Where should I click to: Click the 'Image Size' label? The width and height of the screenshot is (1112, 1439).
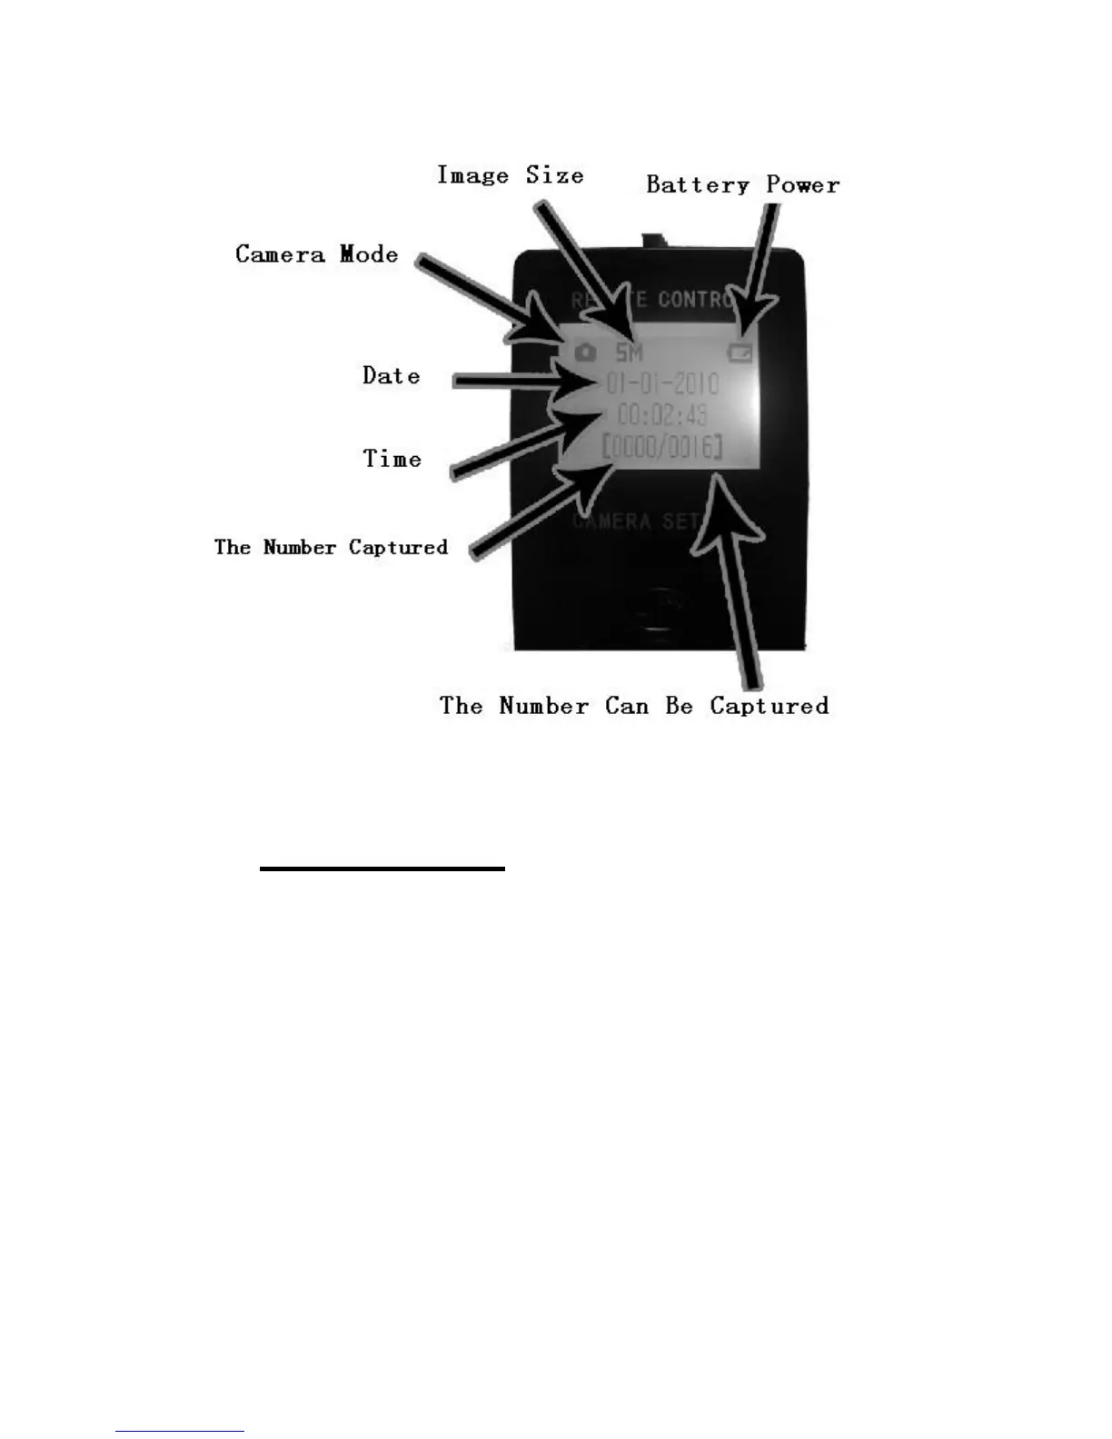pos(510,175)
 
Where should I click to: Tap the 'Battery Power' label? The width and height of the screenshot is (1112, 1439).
pos(742,185)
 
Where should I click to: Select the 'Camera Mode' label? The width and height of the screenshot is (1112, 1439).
pos(316,254)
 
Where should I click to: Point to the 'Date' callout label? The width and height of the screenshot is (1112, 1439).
pos(392,376)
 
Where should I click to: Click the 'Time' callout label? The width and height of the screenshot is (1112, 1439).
pos(392,459)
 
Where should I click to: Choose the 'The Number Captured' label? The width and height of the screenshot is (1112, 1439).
pos(331,547)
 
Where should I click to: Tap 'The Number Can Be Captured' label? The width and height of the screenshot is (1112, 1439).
pos(634,706)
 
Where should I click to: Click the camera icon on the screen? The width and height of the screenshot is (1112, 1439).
pos(586,351)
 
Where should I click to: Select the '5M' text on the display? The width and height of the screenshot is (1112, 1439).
pos(629,352)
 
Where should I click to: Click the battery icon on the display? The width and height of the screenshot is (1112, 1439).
pos(740,352)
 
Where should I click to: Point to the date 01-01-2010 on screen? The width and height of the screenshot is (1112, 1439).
pos(662,383)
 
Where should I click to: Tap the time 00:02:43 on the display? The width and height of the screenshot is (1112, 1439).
pos(662,415)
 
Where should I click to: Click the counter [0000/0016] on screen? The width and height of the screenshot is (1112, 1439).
pos(662,447)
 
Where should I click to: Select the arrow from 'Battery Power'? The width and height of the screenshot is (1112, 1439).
pos(760,263)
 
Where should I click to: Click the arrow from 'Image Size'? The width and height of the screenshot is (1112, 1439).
pos(581,263)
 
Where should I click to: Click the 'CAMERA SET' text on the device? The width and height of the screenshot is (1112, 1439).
pos(636,521)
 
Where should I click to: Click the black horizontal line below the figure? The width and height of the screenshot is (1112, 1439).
pos(382,869)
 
